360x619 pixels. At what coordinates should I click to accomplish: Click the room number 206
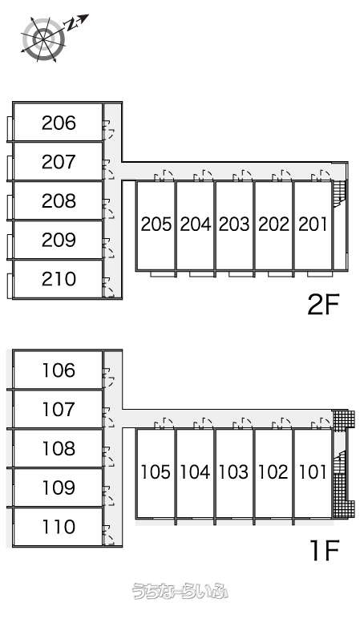[x=59, y=123]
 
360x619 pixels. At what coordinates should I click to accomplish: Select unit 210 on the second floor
[x=59, y=279]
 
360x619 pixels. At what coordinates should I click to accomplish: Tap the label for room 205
[x=156, y=225]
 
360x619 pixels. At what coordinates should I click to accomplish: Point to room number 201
[x=313, y=225]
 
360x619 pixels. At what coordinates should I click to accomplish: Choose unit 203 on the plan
[x=234, y=225]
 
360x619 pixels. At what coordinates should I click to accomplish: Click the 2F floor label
[x=324, y=305]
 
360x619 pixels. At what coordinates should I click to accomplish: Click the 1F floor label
[x=325, y=551]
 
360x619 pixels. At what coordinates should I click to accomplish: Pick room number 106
[x=59, y=370]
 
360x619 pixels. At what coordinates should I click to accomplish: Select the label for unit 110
[x=59, y=527]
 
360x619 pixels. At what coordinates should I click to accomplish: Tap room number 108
[x=59, y=448]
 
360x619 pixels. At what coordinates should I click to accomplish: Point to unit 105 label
[x=156, y=471]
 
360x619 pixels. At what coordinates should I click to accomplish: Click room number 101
[x=313, y=471]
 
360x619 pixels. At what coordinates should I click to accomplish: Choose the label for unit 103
[x=234, y=471]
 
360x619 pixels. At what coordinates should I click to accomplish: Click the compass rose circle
[x=43, y=38]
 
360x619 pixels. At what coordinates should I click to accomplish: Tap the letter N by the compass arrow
[x=71, y=26]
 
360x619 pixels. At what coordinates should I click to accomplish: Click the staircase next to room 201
[x=339, y=192]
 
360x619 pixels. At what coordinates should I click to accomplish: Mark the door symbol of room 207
[x=108, y=170]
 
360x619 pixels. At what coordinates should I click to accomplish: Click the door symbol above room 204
[x=204, y=176]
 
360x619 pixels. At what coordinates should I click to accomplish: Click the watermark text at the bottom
[x=180, y=591]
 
